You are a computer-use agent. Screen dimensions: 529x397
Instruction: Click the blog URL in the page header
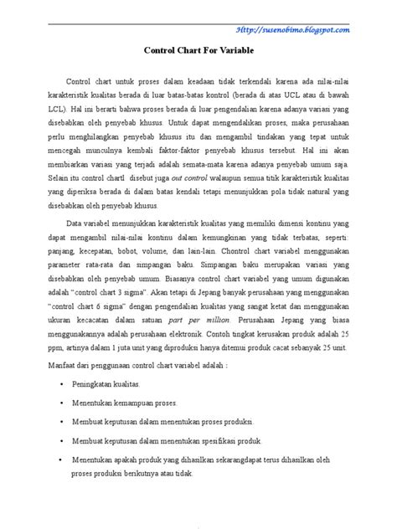[x=304, y=30]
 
